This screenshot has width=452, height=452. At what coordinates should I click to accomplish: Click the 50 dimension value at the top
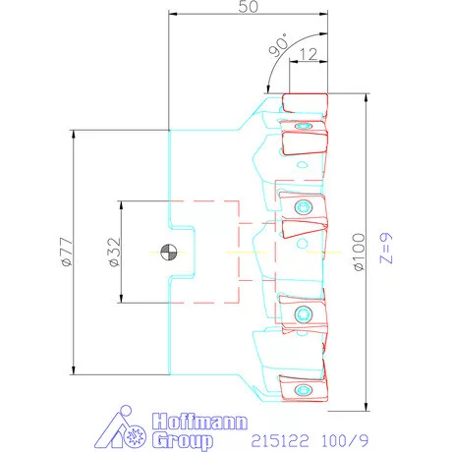click(x=248, y=7)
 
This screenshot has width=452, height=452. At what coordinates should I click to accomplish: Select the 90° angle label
click(x=278, y=45)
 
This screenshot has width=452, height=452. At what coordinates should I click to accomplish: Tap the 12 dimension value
click(x=309, y=54)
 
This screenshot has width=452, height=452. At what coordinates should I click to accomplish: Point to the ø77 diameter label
click(x=67, y=252)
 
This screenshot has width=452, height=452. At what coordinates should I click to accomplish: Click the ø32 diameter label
click(x=115, y=252)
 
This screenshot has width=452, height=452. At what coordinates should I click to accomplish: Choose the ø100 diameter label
click(x=359, y=252)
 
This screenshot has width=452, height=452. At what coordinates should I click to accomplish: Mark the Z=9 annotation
click(x=386, y=248)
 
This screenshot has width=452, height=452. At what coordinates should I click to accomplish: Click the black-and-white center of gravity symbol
click(x=169, y=253)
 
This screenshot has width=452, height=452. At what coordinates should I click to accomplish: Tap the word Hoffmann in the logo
click(x=199, y=422)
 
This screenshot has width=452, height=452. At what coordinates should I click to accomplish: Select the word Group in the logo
click(x=183, y=440)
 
